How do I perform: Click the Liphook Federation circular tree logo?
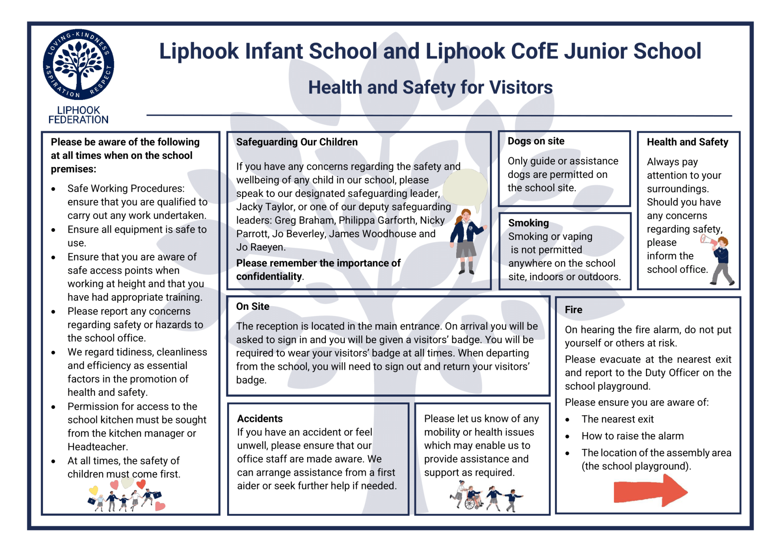tap(78, 65)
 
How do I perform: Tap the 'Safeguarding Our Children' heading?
tap(297, 142)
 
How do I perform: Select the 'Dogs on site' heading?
tap(536, 141)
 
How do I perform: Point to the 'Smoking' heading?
tap(529, 223)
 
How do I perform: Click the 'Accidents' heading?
tap(260, 419)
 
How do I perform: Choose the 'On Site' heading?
tap(253, 307)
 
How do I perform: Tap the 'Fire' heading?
tap(573, 310)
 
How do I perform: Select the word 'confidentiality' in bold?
tap(269, 277)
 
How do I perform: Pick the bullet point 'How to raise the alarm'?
tap(632, 436)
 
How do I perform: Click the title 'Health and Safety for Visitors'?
tap(430, 87)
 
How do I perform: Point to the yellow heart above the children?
tap(94, 490)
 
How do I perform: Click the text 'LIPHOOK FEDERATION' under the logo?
tap(78, 115)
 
